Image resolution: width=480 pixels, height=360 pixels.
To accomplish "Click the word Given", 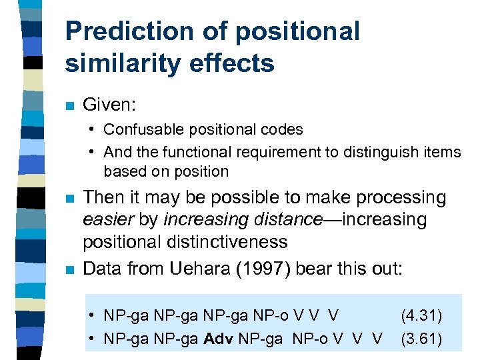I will [x=107, y=105].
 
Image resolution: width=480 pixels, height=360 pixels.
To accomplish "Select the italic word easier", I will [x=104, y=219].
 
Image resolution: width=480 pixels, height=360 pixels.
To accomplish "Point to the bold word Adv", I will [x=219, y=339].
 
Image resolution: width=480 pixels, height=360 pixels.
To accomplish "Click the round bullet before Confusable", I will [x=93, y=130].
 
